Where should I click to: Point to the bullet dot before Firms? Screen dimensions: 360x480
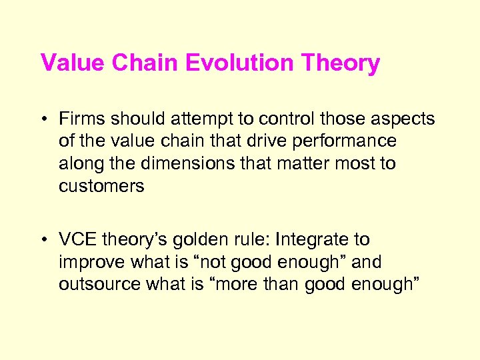pyautogui.click(x=44, y=120)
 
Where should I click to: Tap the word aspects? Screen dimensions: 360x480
pyautogui.click(x=402, y=119)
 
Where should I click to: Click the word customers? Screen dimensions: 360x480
pyautogui.click(x=101, y=185)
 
